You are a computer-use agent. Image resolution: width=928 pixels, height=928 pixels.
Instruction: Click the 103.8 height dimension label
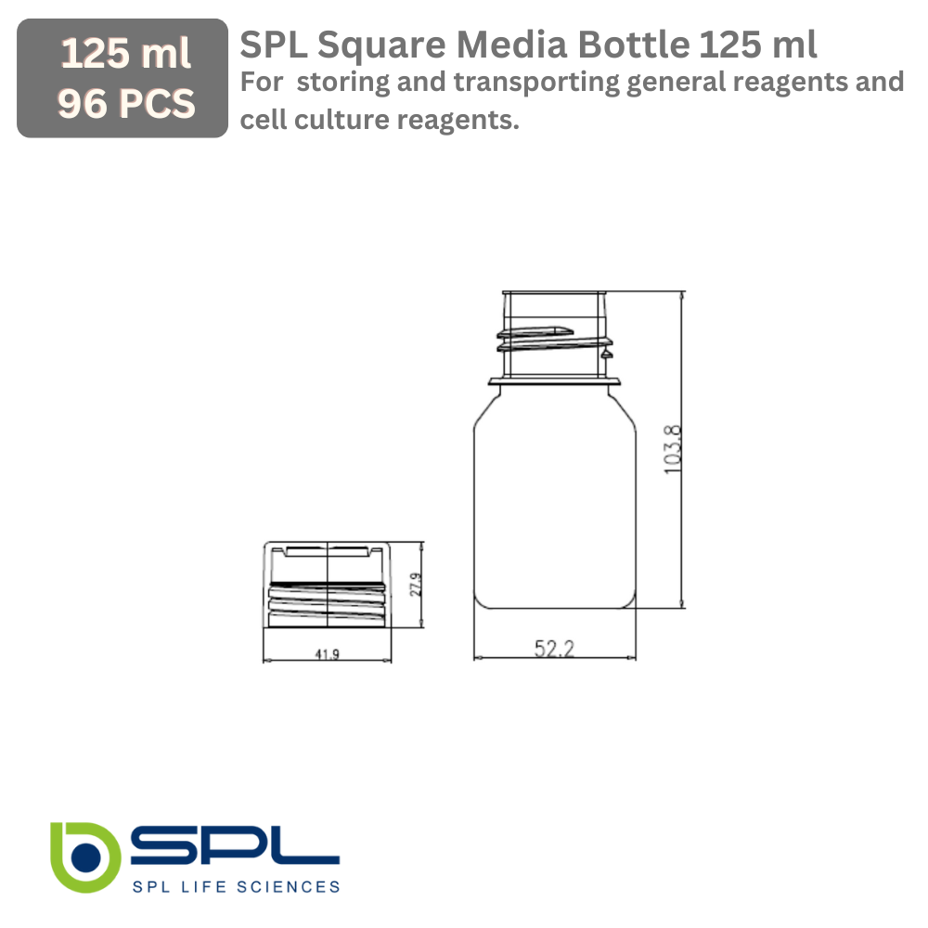pyautogui.click(x=674, y=450)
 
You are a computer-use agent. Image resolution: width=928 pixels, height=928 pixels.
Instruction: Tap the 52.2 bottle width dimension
pyautogui.click(x=554, y=649)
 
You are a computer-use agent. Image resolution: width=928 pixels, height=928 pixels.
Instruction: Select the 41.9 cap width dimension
pyautogui.click(x=327, y=654)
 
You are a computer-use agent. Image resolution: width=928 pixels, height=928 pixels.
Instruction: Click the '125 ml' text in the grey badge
pyautogui.click(x=125, y=55)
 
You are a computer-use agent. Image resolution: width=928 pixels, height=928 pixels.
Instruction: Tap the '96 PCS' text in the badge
pyautogui.click(x=125, y=104)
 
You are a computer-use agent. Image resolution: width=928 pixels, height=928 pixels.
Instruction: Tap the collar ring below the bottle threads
pyautogui.click(x=555, y=379)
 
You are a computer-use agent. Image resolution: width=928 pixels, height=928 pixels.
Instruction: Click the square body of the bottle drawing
pyautogui.click(x=555, y=501)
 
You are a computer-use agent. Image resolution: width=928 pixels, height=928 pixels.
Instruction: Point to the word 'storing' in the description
pyautogui.click(x=342, y=83)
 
